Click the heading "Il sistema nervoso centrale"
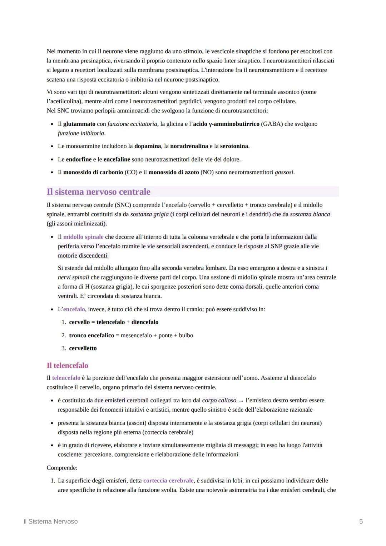(98, 192)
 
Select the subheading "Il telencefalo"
(67, 365)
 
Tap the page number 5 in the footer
(361, 521)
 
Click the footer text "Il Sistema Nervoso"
(50, 521)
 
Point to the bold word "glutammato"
(79, 124)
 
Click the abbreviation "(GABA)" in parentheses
(272, 124)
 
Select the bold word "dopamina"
(147, 146)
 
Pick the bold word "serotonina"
(234, 146)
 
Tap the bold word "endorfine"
(79, 159)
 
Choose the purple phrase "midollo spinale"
(83, 237)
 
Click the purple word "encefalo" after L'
(74, 309)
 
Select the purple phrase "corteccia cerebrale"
(168, 481)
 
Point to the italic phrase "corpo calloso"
(219, 400)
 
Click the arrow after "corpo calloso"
(241, 401)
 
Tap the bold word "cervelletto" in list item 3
(83, 348)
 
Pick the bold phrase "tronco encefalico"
(91, 335)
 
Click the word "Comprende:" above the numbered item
(62, 468)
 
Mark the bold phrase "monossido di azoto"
(173, 172)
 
